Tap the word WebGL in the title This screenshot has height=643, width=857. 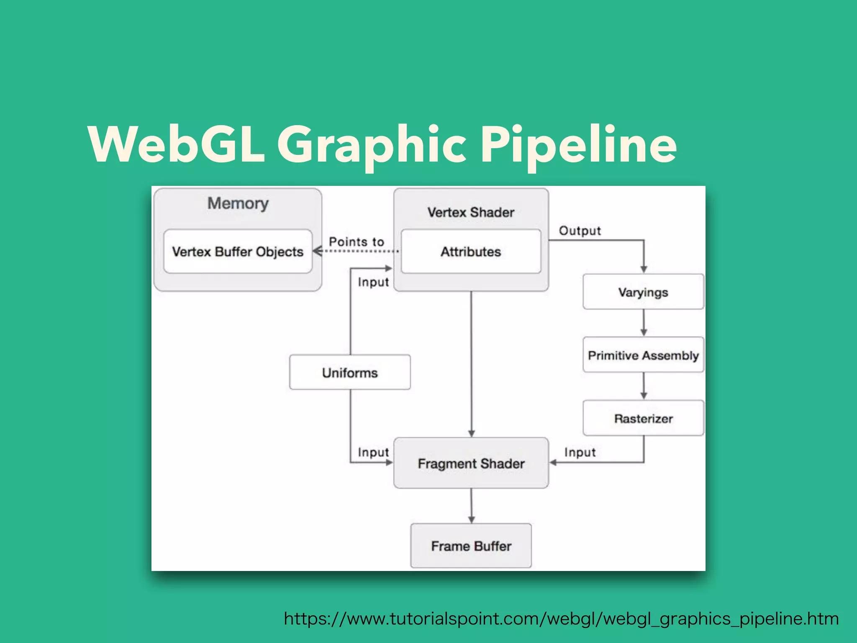[x=176, y=144]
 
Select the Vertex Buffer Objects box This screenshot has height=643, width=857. [x=238, y=252]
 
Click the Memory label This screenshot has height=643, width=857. [x=238, y=203]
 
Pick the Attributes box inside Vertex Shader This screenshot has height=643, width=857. [x=471, y=252]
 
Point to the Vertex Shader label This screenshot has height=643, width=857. [x=471, y=212]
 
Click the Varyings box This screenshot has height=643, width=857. [x=643, y=292]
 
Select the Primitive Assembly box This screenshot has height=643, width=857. [x=643, y=355]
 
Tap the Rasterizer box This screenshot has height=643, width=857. [x=643, y=418]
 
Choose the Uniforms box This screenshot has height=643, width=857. [x=350, y=373]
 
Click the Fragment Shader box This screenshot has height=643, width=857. [x=471, y=463]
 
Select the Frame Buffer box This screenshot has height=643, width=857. [x=471, y=546]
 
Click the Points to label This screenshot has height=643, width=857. [x=356, y=242]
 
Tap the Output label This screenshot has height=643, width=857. [x=580, y=231]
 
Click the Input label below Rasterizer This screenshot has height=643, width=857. [x=580, y=452]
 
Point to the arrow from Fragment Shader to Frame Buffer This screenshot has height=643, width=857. [x=471, y=506]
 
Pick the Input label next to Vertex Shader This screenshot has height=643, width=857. [x=373, y=282]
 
